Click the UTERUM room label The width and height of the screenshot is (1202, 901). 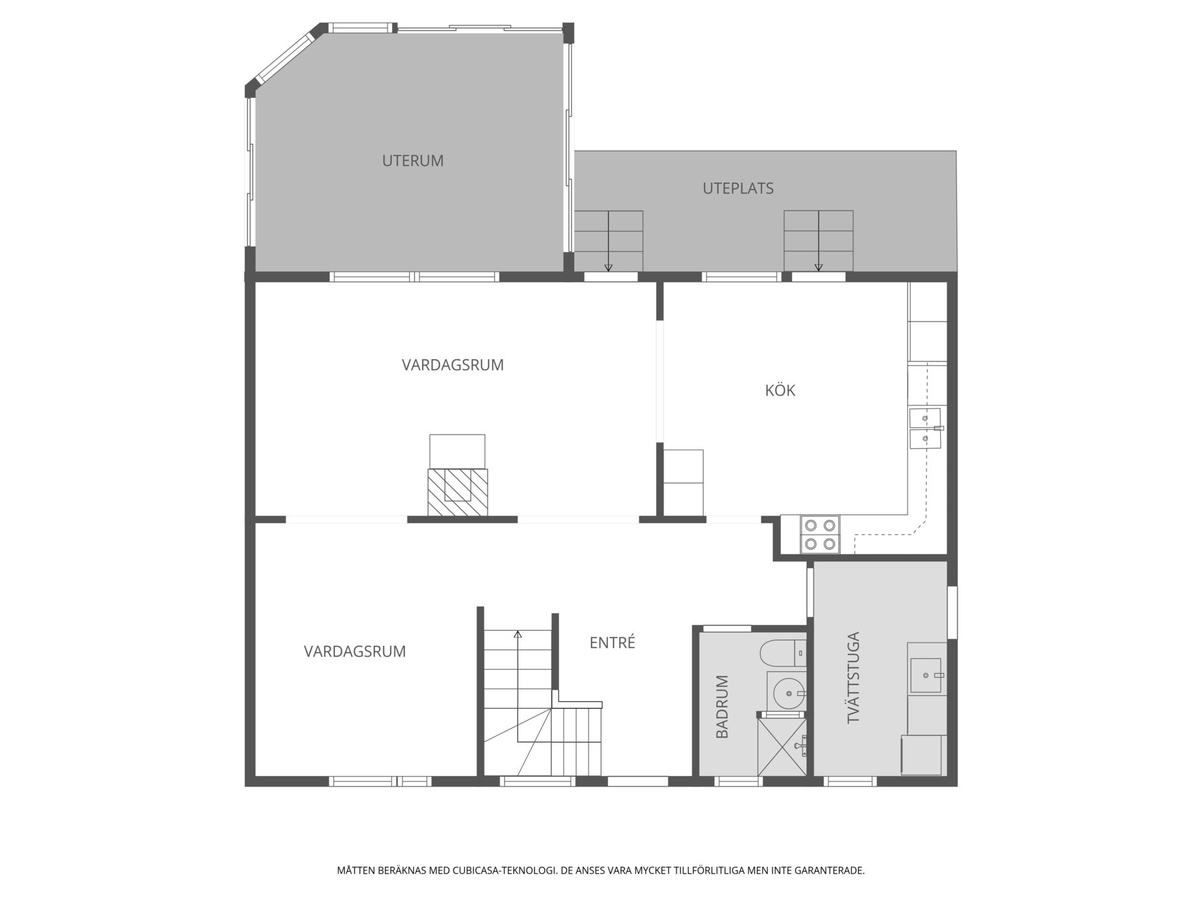[x=413, y=161]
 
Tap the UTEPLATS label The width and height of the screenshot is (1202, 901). [x=738, y=188]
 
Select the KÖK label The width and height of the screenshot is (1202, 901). [x=780, y=390]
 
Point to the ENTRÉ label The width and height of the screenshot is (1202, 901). [x=612, y=643]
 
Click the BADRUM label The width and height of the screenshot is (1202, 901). [x=722, y=706]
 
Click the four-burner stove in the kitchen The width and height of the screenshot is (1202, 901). [x=820, y=534]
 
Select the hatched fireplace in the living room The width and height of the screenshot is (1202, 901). [x=458, y=492]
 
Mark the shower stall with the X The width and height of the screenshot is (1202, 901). [x=782, y=746]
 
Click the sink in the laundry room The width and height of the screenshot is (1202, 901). [x=926, y=675]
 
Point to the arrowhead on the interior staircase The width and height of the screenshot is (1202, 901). [x=518, y=634]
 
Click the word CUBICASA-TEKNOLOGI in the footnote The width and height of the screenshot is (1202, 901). [x=504, y=870]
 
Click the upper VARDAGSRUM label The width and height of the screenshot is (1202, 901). [x=453, y=365]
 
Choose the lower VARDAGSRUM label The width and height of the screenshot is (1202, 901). [x=355, y=651]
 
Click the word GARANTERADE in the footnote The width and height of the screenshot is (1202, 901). [x=830, y=870]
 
